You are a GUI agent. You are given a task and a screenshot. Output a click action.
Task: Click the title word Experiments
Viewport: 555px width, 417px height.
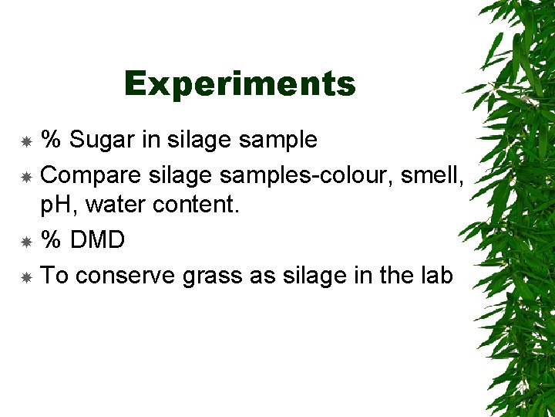pyautogui.click(x=240, y=83)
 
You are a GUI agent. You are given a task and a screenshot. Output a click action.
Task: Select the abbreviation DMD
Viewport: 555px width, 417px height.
pyautogui.click(x=96, y=240)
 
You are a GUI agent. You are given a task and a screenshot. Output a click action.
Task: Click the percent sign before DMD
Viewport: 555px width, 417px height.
pyautogui.click(x=51, y=240)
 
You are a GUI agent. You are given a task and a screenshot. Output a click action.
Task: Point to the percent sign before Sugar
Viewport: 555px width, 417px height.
pyautogui.click(x=51, y=140)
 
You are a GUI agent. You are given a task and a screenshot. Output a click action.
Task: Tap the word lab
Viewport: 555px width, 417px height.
pyautogui.click(x=435, y=275)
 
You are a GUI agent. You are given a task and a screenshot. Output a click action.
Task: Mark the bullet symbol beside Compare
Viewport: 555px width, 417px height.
pyautogui.click(x=25, y=177)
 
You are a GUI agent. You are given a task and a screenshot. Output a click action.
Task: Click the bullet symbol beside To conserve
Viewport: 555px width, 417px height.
pyautogui.click(x=25, y=276)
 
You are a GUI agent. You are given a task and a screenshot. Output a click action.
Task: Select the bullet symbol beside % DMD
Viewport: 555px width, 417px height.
pyautogui.click(x=25, y=242)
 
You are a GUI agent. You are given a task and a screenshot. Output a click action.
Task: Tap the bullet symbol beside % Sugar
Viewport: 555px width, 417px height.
pyautogui.click(x=25, y=141)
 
